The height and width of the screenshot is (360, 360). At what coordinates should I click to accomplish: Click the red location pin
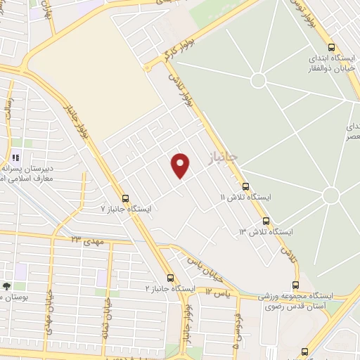(181, 165)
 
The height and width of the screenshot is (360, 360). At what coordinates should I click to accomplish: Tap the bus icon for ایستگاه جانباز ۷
(126, 198)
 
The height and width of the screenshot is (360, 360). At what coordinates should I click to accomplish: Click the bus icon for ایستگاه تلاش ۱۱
(245, 186)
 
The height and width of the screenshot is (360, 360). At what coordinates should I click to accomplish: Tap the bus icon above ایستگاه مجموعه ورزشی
(295, 285)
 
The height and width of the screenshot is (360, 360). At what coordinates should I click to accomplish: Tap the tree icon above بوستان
(6, 286)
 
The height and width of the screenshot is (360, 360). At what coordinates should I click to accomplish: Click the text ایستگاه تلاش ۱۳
(266, 231)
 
